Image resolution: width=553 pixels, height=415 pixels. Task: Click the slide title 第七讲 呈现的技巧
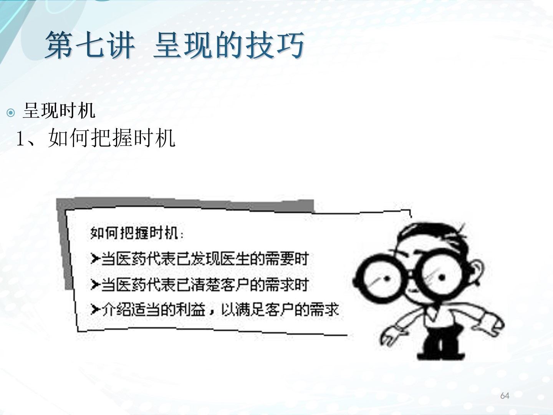point(175,45)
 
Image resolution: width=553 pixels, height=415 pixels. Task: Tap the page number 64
point(505,396)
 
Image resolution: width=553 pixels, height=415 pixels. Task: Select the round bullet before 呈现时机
point(11,112)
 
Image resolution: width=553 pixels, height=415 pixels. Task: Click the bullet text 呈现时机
point(59,110)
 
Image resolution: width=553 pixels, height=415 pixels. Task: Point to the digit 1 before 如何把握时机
point(20,138)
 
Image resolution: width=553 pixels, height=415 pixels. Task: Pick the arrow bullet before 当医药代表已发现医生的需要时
point(95,259)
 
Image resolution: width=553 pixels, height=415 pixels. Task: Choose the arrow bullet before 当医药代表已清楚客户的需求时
point(95,284)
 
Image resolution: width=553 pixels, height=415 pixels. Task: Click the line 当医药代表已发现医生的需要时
point(205,259)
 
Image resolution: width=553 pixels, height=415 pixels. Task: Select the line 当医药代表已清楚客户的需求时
point(205,284)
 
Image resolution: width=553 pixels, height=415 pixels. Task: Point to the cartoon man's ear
point(476,273)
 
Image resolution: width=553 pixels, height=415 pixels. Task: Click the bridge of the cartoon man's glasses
point(411,274)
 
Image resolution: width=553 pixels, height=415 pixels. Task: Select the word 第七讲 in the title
point(90,45)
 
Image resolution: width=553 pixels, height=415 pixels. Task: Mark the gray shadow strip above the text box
point(185,204)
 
